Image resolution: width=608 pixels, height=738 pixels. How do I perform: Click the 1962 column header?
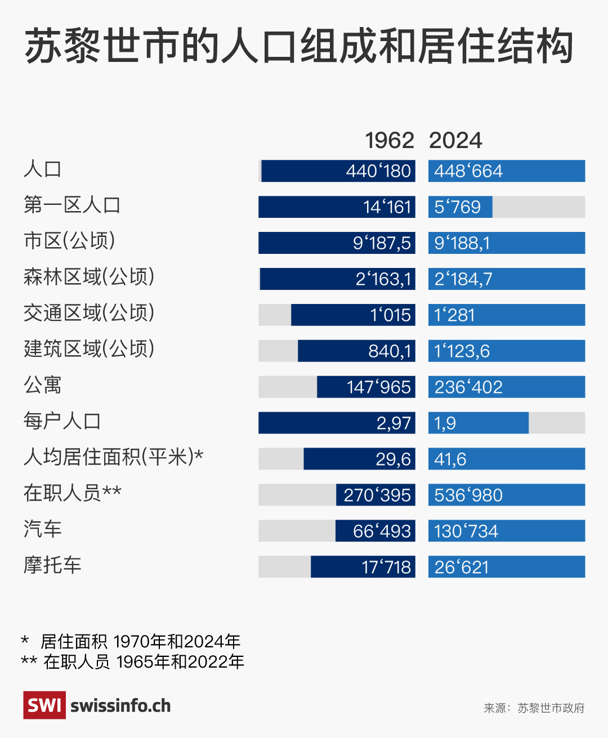(x=390, y=141)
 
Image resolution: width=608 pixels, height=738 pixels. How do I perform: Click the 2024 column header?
(x=455, y=141)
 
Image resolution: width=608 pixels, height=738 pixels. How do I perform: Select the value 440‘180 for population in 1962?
(x=378, y=171)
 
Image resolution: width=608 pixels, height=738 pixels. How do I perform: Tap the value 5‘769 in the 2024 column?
(x=458, y=207)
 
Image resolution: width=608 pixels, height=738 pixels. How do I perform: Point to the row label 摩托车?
(x=52, y=565)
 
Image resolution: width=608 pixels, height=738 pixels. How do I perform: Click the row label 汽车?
(x=42, y=529)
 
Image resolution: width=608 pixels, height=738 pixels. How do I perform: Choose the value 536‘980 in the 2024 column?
(x=468, y=495)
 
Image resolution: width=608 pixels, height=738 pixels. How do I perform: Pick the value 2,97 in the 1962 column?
(x=394, y=423)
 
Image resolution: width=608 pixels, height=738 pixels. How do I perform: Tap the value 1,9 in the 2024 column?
(x=445, y=423)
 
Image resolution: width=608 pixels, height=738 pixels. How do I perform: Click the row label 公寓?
(x=42, y=385)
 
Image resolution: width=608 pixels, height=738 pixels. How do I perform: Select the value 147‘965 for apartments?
(x=378, y=387)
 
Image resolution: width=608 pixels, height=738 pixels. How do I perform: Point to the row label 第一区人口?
(x=72, y=205)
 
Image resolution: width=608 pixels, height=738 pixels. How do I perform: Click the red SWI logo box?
(x=44, y=705)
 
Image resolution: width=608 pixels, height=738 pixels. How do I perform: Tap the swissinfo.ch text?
(x=120, y=706)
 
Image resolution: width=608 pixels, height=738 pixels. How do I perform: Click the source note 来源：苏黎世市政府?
(x=534, y=708)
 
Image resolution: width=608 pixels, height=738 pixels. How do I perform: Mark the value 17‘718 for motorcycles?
(x=386, y=567)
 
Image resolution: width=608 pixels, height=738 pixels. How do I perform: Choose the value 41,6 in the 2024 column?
(x=450, y=459)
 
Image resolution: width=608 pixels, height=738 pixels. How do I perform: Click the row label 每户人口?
(x=62, y=421)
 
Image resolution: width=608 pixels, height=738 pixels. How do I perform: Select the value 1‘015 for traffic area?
(x=390, y=315)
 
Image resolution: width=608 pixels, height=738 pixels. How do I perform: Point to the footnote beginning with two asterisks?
(x=133, y=661)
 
